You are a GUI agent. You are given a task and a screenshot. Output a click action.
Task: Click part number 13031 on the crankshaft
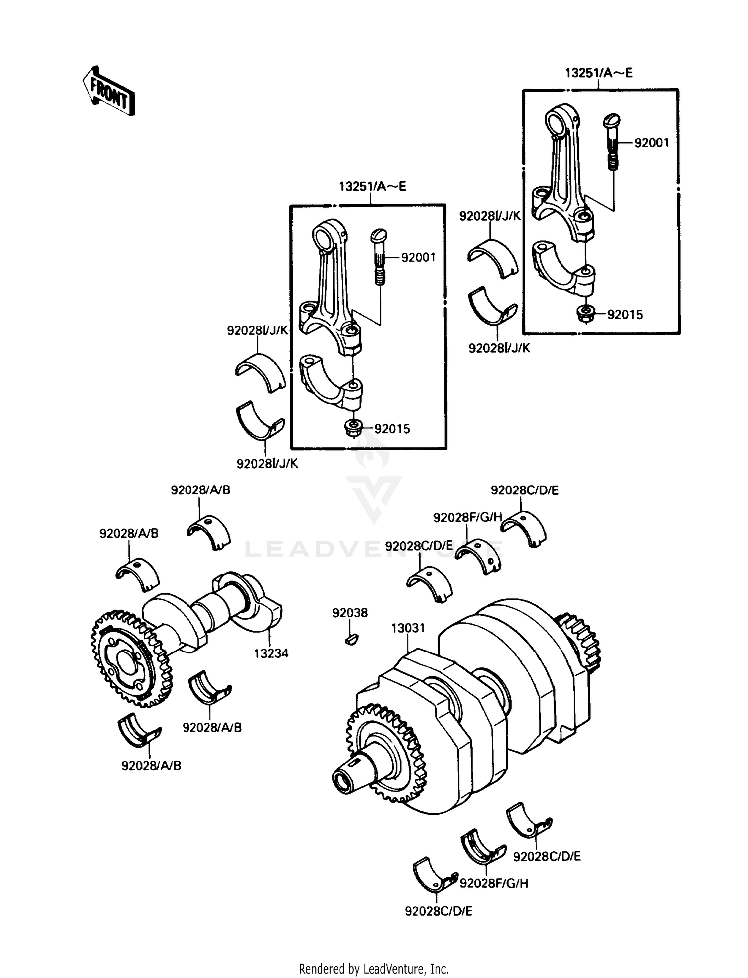click(408, 628)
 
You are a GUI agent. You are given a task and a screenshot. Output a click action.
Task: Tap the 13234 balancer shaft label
click(271, 653)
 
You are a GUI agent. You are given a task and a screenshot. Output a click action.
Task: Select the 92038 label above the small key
click(350, 613)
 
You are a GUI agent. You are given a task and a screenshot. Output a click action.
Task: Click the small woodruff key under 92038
click(351, 639)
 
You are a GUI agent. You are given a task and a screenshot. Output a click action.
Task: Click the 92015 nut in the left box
click(353, 428)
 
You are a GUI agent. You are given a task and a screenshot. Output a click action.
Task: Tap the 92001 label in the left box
click(418, 257)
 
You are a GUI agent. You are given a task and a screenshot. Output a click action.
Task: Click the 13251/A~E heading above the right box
click(598, 73)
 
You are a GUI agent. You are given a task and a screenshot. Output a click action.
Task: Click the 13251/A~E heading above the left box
click(372, 186)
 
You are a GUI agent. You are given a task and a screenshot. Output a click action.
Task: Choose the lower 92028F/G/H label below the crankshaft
click(494, 883)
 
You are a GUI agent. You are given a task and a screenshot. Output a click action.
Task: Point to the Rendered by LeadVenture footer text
click(374, 969)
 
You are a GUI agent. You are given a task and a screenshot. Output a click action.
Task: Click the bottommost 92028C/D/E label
click(438, 911)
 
